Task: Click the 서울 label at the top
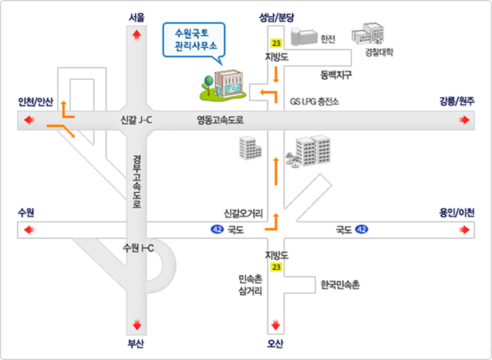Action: click(136, 17)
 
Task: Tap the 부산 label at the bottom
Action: click(136, 343)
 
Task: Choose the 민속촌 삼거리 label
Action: click(250, 284)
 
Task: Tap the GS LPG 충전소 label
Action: click(314, 102)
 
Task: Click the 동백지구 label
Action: click(336, 74)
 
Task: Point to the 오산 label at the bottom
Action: click(276, 343)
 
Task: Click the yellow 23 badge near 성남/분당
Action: click(276, 43)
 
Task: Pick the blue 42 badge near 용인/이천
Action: click(361, 229)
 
